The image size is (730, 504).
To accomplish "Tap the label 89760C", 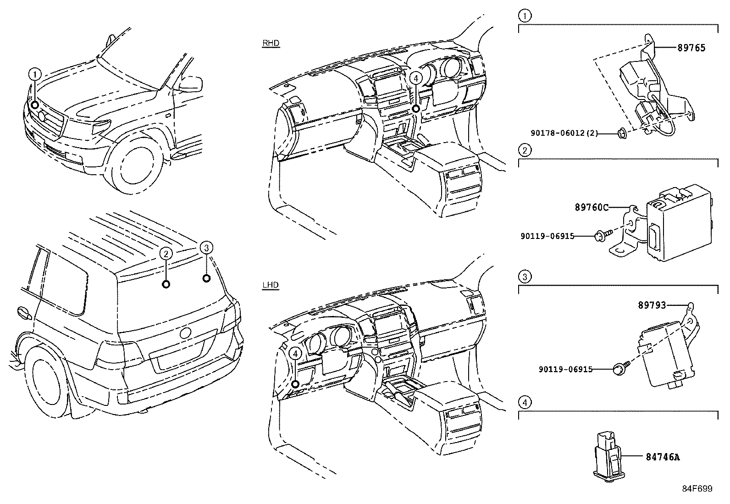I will (592, 207).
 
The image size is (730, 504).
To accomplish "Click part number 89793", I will (652, 305).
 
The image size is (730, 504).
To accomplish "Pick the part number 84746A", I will (663, 457).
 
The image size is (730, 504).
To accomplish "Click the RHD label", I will (271, 43).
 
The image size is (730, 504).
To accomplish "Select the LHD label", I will (271, 285).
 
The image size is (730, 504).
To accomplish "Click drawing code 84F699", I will (697, 488).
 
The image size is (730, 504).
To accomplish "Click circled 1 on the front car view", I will (35, 74).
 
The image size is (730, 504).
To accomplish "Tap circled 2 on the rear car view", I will (166, 253).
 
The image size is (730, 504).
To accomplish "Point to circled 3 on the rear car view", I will (206, 248).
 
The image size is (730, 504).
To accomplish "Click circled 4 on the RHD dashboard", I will (415, 78).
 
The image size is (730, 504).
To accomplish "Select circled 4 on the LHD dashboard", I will (295, 353).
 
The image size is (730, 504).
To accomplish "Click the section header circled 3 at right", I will (525, 277).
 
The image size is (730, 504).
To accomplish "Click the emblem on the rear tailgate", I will (186, 333).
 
